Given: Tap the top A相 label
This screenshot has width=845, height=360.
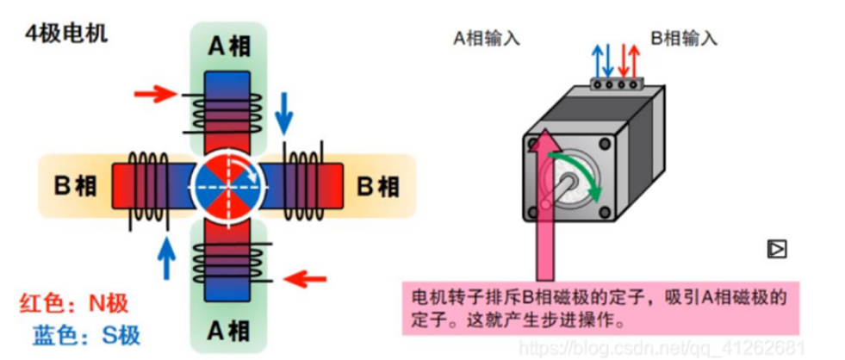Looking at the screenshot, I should coord(228,46).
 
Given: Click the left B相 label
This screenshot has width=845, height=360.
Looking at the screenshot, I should coord(76,185).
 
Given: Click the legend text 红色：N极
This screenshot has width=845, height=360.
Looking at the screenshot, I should coord(74,303).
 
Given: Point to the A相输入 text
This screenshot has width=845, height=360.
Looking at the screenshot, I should coord(488,38).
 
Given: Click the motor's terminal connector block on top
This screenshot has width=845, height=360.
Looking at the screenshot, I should coord(618,84).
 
